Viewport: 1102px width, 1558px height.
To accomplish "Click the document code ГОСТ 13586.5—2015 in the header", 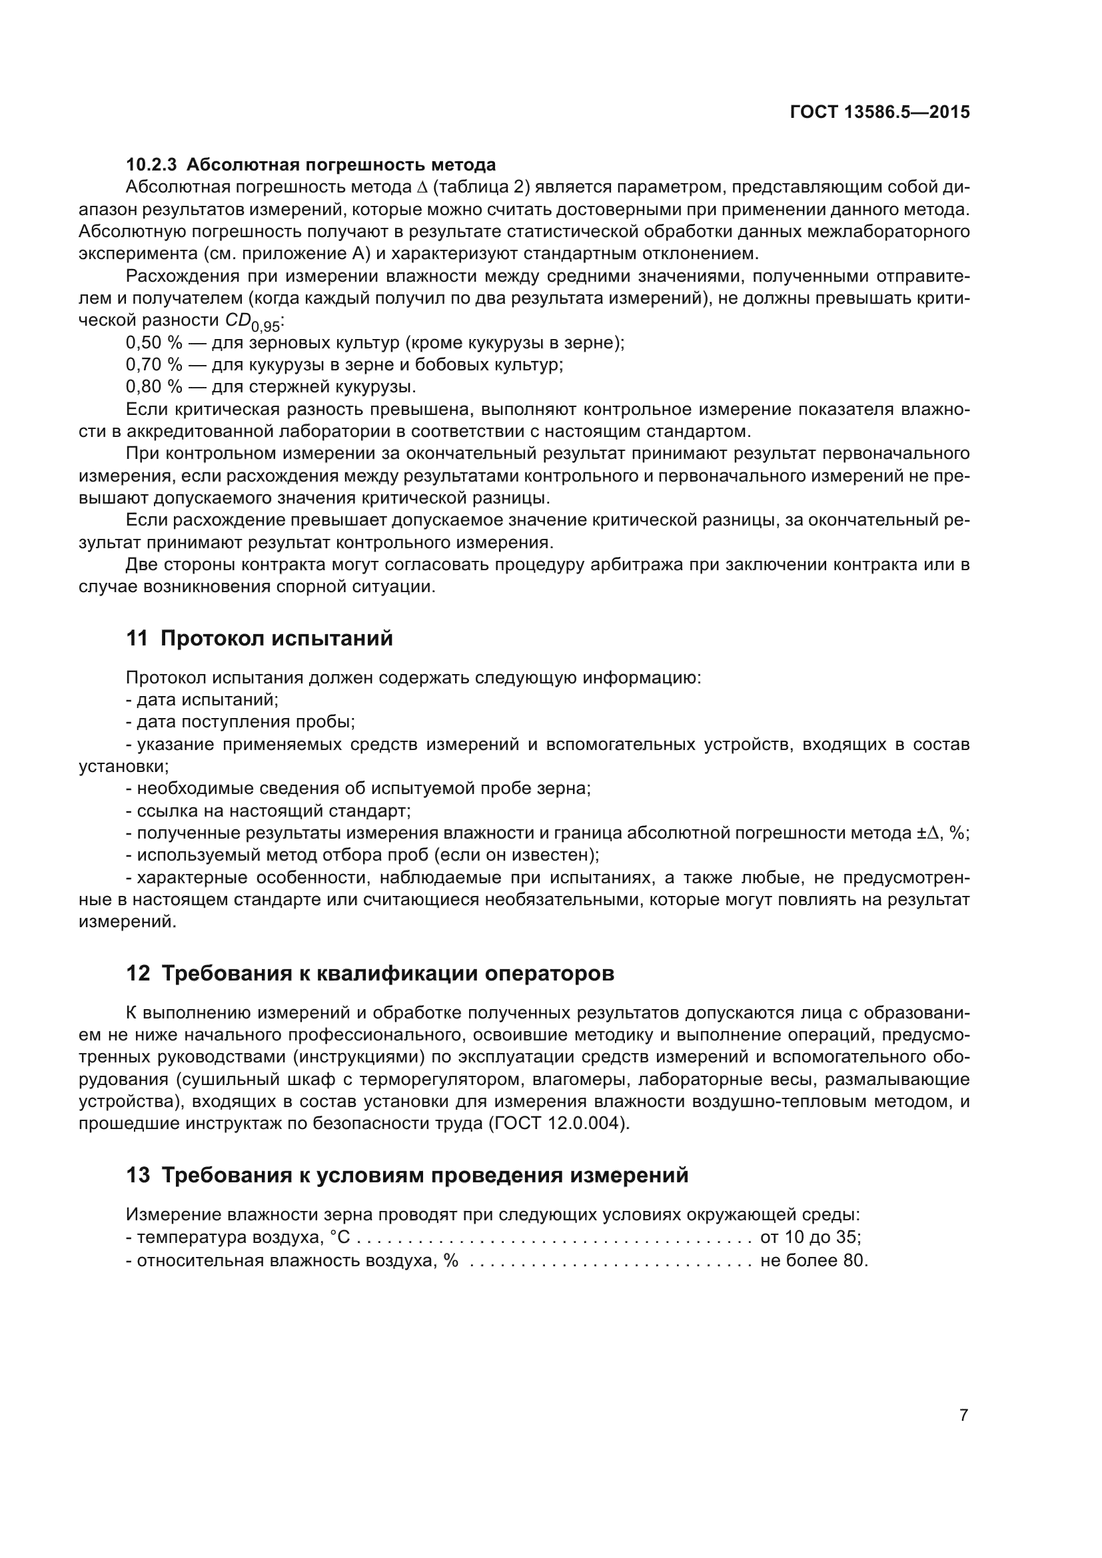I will (x=879, y=112).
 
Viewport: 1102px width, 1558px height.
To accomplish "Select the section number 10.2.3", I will (x=151, y=165).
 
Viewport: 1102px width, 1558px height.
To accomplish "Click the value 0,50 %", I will (x=154, y=342).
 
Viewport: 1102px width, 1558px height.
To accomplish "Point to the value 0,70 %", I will (x=154, y=365).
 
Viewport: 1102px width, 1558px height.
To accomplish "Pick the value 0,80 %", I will (x=154, y=387).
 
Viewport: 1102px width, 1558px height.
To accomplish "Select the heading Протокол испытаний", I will (x=277, y=639).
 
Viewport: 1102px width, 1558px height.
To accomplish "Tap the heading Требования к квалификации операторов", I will (x=388, y=973).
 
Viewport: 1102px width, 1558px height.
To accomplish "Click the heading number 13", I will (x=138, y=1174).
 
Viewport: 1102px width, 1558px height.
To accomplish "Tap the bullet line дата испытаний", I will (x=207, y=699).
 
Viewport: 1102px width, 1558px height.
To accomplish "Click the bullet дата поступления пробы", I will (x=245, y=722).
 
